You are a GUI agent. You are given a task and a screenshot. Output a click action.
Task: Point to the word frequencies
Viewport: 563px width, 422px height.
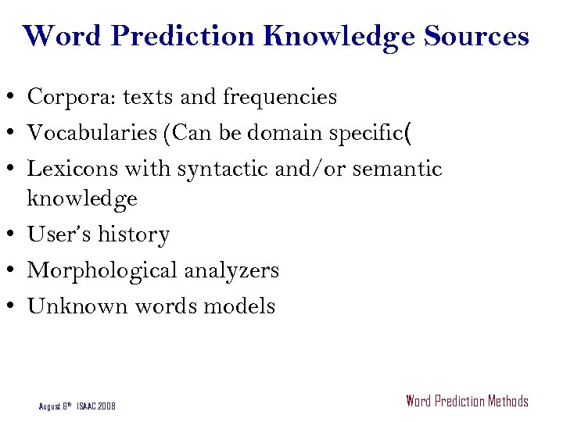coord(280,97)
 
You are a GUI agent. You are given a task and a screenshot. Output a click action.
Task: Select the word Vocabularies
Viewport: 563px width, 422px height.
coord(91,133)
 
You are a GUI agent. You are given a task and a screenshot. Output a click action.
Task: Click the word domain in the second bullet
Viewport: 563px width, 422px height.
coord(284,133)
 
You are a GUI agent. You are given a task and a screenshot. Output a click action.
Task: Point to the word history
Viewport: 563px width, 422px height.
coord(133,235)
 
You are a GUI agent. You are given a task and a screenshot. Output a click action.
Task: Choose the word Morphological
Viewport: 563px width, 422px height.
coord(102,271)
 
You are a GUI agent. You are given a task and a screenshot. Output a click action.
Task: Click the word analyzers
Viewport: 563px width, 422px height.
coord(231,271)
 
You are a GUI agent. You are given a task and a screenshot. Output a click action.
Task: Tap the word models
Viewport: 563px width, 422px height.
coord(239,306)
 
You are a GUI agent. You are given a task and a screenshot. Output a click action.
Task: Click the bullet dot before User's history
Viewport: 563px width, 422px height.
coord(14,235)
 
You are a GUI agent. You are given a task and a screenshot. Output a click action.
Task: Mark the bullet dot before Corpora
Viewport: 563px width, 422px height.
coord(14,98)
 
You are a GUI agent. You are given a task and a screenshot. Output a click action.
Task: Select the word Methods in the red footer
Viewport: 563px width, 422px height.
coord(507,402)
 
